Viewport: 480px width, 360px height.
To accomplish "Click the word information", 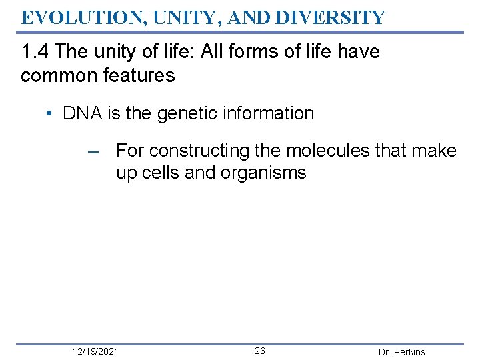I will (x=269, y=113).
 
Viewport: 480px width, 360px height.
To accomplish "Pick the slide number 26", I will (x=260, y=351).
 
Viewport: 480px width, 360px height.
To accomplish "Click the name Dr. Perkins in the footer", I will (x=401, y=352).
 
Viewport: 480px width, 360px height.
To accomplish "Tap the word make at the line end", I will (x=435, y=151).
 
